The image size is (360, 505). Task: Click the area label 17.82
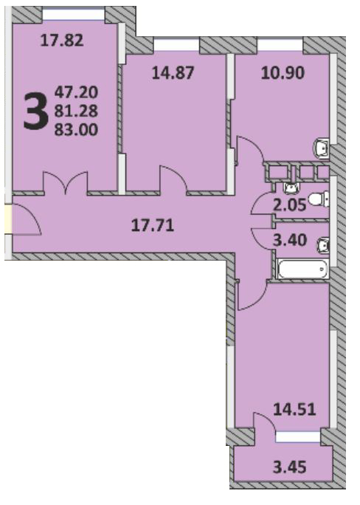click(62, 41)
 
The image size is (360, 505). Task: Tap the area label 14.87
click(173, 73)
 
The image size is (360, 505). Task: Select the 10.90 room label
click(283, 73)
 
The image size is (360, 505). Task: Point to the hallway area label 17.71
click(153, 225)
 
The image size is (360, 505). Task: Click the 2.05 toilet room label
click(289, 205)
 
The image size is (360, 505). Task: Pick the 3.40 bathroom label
click(289, 240)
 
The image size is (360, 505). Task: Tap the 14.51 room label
click(294, 410)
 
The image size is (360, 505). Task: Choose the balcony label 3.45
click(289, 467)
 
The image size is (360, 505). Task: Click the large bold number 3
click(35, 111)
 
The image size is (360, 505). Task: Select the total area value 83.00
click(76, 130)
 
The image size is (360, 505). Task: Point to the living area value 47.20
click(76, 92)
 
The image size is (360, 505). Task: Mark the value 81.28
click(76, 111)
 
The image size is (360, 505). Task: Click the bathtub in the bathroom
click(302, 268)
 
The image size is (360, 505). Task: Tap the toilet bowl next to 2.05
click(319, 199)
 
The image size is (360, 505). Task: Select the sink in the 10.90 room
click(322, 148)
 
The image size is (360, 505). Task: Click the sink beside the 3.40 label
click(323, 245)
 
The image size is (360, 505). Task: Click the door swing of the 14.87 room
click(173, 180)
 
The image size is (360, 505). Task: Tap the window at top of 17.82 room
click(73, 15)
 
